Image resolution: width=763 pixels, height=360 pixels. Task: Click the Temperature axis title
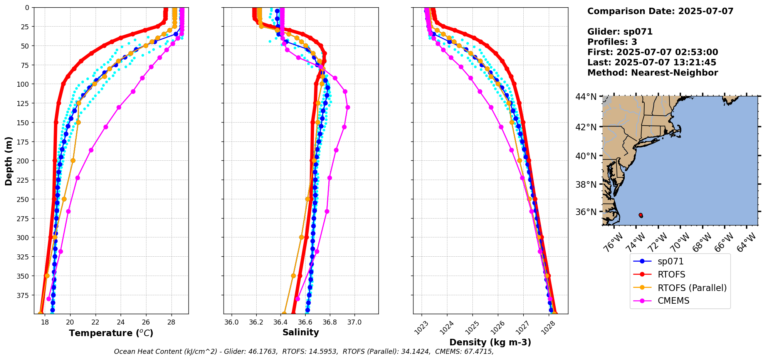click(x=111, y=333)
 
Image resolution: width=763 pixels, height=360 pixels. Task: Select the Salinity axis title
click(x=301, y=332)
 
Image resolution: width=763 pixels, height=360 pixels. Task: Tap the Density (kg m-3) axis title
click(x=490, y=342)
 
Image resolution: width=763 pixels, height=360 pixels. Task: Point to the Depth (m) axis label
click(x=8, y=161)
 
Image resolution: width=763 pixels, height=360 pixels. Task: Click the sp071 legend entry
click(x=671, y=261)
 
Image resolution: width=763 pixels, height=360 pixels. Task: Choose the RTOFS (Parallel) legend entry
click(x=692, y=288)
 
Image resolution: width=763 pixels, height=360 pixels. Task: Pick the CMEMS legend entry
click(x=673, y=301)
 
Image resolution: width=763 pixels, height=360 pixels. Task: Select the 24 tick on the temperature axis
click(x=121, y=322)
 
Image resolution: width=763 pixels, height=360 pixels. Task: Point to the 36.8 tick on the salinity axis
click(x=329, y=322)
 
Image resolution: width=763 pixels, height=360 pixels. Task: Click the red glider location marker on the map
click(x=640, y=215)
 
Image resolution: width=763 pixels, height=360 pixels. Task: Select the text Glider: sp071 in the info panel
click(x=620, y=32)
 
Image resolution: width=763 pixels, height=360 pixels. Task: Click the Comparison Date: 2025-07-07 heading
click(x=660, y=11)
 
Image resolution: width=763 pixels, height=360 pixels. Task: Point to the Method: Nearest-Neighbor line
click(x=652, y=73)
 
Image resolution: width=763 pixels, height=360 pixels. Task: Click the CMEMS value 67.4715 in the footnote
click(x=478, y=352)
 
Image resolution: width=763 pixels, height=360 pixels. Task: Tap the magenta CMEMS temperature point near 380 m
click(x=49, y=299)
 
